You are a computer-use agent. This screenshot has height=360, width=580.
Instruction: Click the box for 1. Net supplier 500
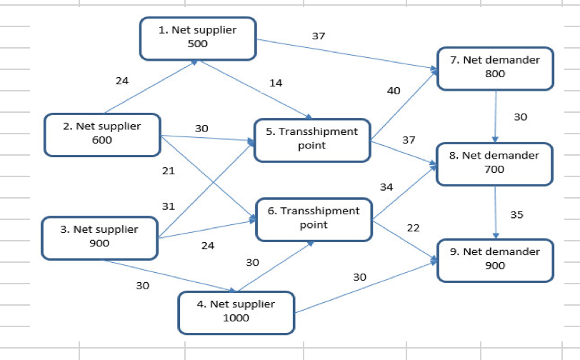coord(198,38)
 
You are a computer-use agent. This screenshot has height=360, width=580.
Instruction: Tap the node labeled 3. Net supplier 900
coord(100,237)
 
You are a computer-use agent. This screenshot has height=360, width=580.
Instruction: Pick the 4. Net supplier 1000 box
coord(236,311)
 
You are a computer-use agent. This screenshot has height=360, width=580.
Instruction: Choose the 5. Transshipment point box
coord(312,139)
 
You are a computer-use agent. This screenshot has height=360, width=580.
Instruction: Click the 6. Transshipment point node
coord(314,219)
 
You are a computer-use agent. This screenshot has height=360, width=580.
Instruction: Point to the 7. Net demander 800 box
coord(494,67)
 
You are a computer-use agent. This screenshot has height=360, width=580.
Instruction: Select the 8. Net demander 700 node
coord(494,163)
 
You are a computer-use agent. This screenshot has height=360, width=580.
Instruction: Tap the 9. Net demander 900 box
coord(494,259)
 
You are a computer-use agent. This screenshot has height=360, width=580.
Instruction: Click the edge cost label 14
coord(276,83)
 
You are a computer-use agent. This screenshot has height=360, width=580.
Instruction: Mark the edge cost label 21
coord(169,171)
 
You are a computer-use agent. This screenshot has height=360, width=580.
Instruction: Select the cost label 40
coord(394,91)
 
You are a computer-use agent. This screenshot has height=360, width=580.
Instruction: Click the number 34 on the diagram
coord(386,187)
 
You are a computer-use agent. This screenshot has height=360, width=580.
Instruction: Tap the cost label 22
coord(413,227)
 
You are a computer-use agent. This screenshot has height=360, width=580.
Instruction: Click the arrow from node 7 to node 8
coord(495,116)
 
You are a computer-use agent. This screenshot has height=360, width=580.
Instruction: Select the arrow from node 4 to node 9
coord(364,287)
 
